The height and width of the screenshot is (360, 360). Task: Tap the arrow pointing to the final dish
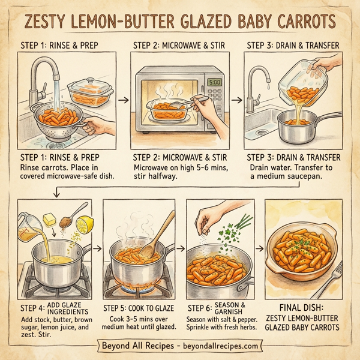tap(260, 246)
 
